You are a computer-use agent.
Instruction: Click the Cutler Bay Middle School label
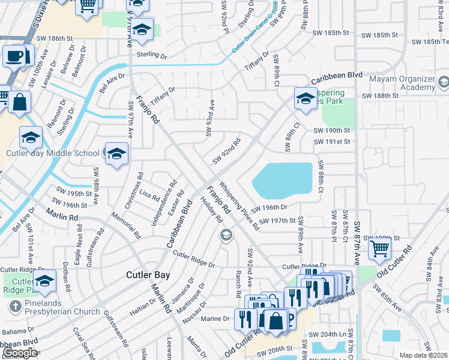(53, 153)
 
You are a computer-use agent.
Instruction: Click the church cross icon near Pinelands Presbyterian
(14, 307)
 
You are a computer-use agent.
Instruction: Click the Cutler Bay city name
(148, 275)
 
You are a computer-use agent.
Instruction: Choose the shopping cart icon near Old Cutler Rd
(379, 248)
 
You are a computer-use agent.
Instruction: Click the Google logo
(20, 353)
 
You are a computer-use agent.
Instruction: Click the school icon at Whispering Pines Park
(305, 98)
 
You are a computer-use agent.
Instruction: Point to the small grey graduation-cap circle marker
(226, 234)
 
